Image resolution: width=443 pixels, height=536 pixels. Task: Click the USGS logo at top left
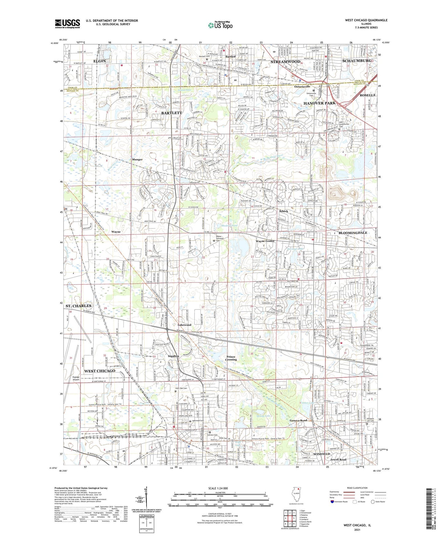pos(67,24)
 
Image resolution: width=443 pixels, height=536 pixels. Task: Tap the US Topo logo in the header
pos(220,25)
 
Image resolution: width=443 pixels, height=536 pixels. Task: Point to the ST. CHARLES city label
pos(78,306)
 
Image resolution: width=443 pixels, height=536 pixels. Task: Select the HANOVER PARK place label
pos(319,103)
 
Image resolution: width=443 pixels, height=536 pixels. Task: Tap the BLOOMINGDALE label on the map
pos(353,233)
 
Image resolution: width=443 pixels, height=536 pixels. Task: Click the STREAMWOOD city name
pos(285,62)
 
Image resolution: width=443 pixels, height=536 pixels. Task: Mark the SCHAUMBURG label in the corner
pos(357,61)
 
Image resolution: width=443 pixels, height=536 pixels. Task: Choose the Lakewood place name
pos(185,325)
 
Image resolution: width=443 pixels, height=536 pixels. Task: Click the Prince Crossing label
pos(231,358)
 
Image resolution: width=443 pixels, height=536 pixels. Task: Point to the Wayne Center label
pos(265,241)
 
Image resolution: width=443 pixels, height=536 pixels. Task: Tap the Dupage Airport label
pos(76,378)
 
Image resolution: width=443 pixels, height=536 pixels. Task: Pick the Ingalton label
pos(174,356)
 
